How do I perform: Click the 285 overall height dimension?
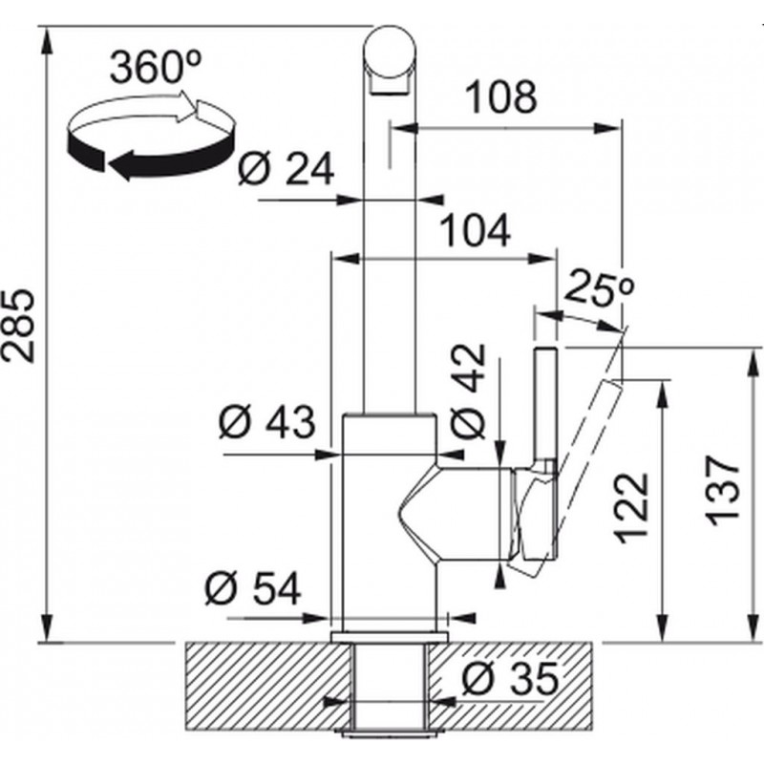[x=18, y=326]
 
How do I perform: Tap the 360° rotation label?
[x=156, y=67]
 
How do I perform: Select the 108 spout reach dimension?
[x=502, y=96]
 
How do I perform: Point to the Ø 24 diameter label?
[x=286, y=169]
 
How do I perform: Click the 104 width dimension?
[x=476, y=230]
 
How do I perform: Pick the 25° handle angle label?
[x=600, y=289]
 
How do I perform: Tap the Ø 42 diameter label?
[x=468, y=391]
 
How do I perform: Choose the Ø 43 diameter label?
[x=266, y=422]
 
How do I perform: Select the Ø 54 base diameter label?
[x=253, y=588]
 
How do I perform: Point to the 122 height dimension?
[x=632, y=508]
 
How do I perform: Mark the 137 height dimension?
[x=723, y=491]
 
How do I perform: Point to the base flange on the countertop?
[x=390, y=637]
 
